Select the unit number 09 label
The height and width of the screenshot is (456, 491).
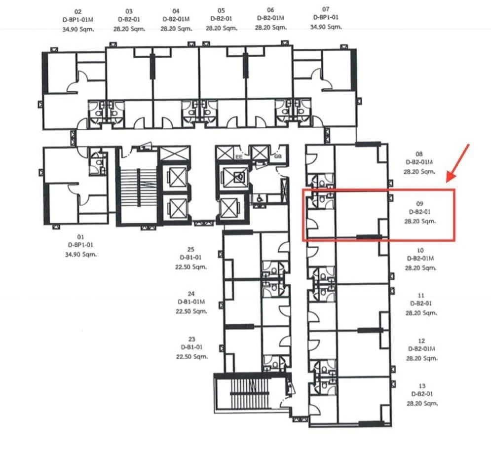419,202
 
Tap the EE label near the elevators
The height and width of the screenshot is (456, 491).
239,156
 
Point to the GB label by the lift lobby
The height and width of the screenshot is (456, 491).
277,156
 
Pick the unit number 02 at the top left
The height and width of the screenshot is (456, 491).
77,11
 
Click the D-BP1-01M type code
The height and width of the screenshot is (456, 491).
77,20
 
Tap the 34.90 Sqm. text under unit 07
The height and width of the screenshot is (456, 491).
325,27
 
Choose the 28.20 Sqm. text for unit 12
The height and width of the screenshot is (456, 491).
422,358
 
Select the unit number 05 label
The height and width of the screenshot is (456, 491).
221,10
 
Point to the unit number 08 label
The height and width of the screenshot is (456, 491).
419,153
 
